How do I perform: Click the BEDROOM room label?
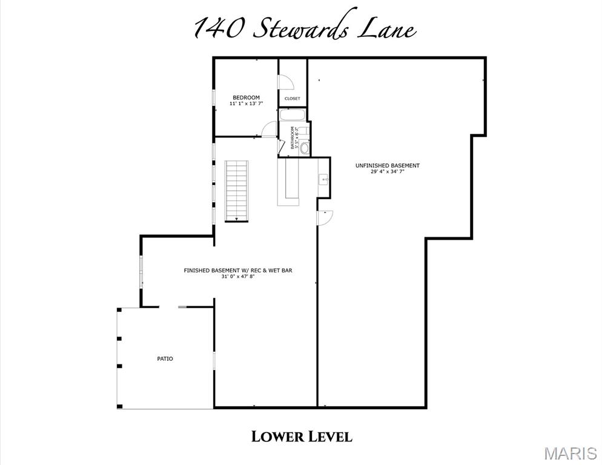pos(246,97)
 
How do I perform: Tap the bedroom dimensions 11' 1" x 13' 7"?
pos(246,104)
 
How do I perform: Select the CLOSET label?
pos(292,99)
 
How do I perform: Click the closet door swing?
pos(285,82)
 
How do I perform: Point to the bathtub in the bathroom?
pos(292,115)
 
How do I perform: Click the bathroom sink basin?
pos(304,147)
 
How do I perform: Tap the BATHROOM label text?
pos(293,137)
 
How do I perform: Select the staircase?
pos(237,191)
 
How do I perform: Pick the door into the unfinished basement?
pos(325,218)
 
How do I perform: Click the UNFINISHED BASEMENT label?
pos(387,165)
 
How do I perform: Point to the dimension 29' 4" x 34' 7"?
pos(387,171)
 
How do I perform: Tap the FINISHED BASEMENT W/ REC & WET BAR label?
pos(238,270)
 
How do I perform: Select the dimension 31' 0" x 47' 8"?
pos(238,276)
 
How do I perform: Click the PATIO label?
pos(165,359)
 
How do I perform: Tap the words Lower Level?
pos(302,437)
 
